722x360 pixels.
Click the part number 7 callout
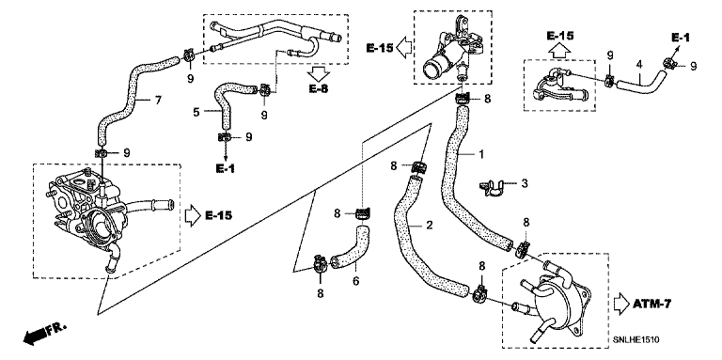[158, 100]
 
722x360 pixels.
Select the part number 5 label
[196, 112]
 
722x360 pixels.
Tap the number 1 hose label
[481, 154]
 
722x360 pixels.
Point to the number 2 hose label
[429, 225]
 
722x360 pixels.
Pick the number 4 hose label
[639, 65]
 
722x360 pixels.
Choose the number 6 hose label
[355, 280]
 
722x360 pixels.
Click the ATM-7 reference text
[652, 304]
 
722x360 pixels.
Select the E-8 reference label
[319, 88]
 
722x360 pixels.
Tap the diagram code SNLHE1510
[636, 339]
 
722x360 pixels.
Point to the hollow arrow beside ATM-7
[621, 304]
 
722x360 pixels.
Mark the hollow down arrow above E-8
[319, 73]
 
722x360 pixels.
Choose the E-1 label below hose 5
[226, 169]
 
